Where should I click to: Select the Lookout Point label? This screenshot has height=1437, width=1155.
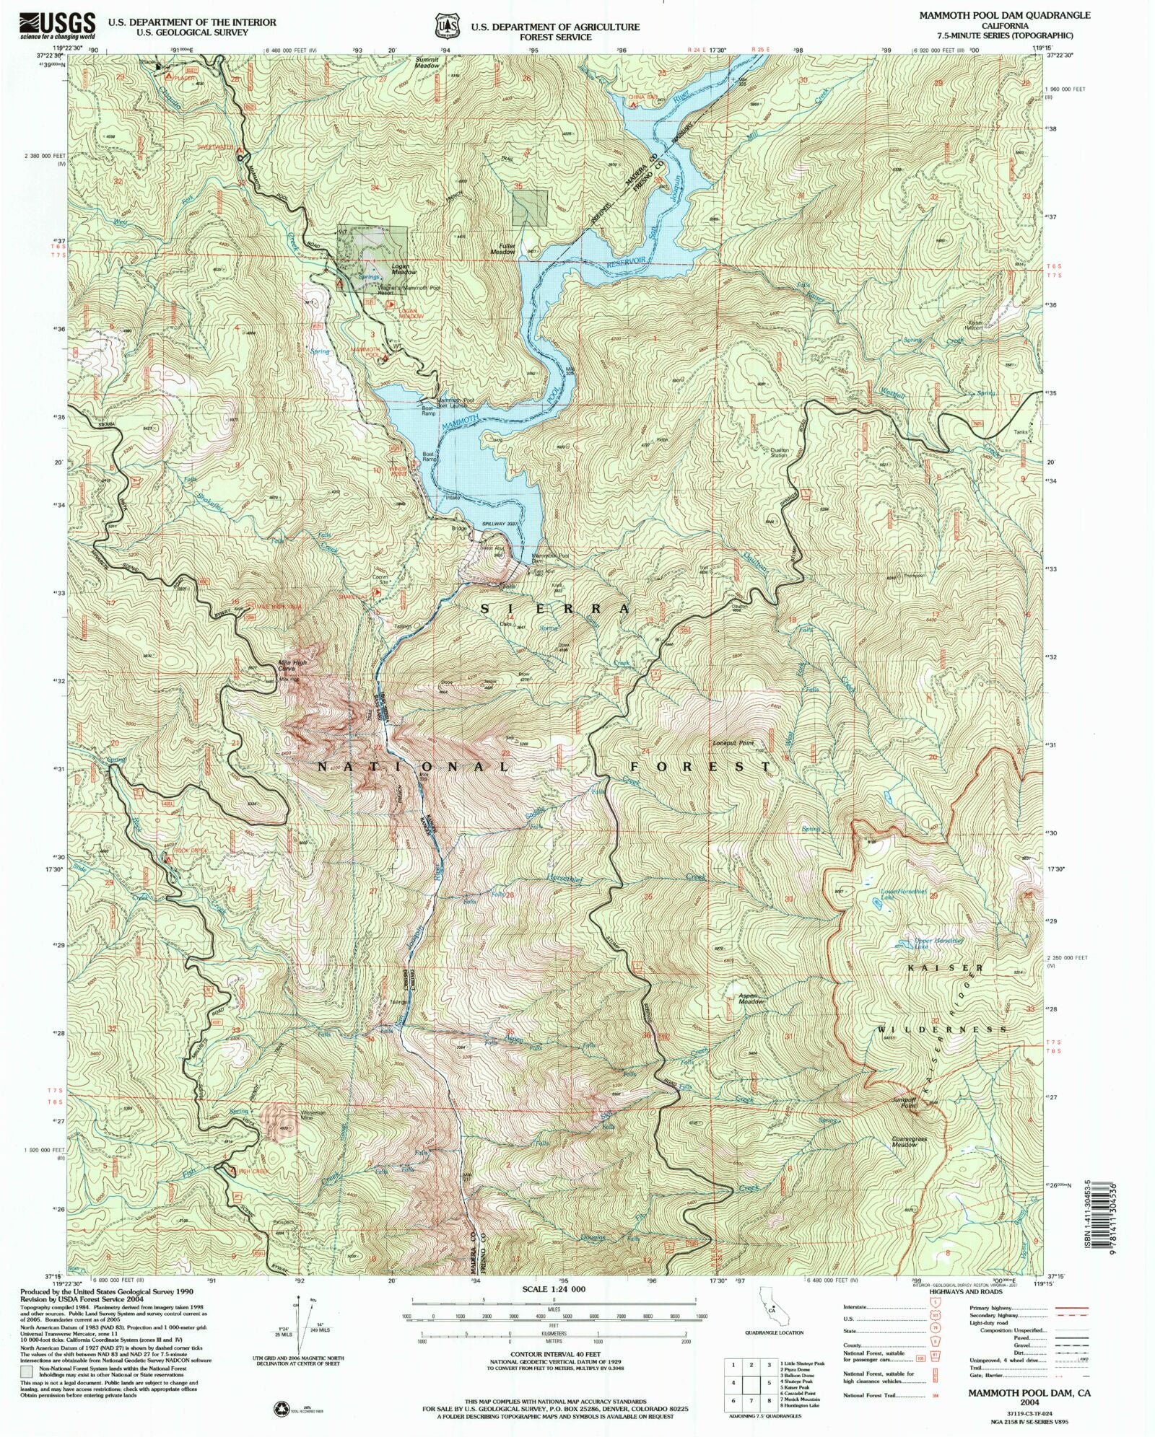click(733, 743)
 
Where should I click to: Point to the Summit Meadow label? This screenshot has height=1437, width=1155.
click(427, 62)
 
